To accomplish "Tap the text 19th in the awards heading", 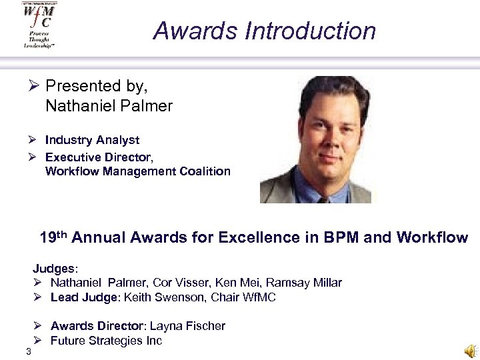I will coord(54,237).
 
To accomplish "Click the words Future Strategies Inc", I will coord(106,340).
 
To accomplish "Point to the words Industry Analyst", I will coord(92,140).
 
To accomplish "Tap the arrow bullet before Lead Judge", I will coord(38,297).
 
